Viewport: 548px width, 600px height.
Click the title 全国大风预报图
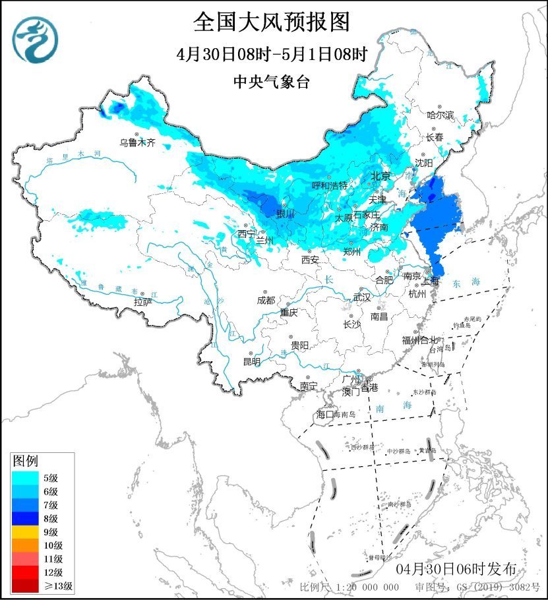click(272, 22)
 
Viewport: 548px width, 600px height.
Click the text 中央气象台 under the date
click(272, 82)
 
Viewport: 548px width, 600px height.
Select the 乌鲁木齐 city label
click(137, 142)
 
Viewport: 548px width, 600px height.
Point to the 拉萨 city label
click(143, 302)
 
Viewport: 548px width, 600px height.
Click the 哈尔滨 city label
click(441, 115)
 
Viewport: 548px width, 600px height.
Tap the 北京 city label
click(381, 176)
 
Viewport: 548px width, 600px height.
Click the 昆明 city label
click(252, 361)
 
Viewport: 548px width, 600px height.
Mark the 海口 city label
click(326, 415)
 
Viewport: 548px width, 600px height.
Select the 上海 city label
click(431, 280)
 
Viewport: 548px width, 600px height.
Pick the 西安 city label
click(310, 260)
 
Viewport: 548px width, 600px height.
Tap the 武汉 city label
click(362, 297)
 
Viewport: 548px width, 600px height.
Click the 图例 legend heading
click(26, 460)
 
